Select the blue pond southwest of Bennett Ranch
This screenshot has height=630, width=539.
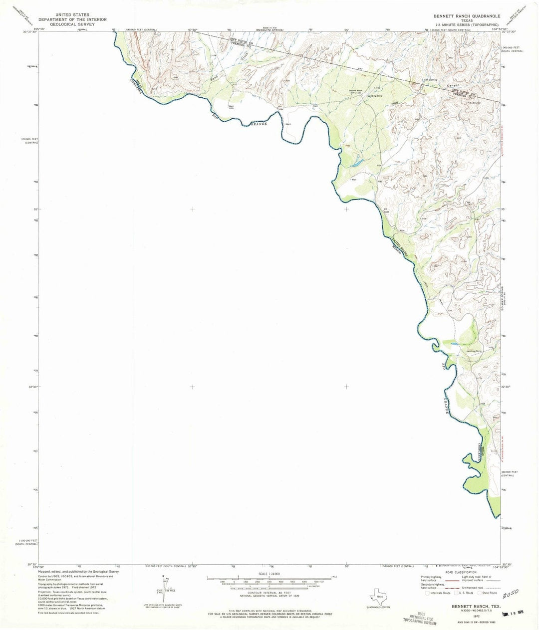click(356, 163)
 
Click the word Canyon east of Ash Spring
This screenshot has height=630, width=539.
click(454, 86)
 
